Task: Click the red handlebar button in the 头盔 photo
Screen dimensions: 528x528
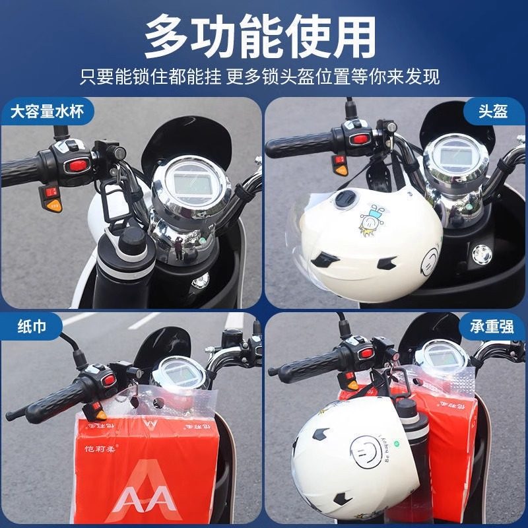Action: pos(360,138)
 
